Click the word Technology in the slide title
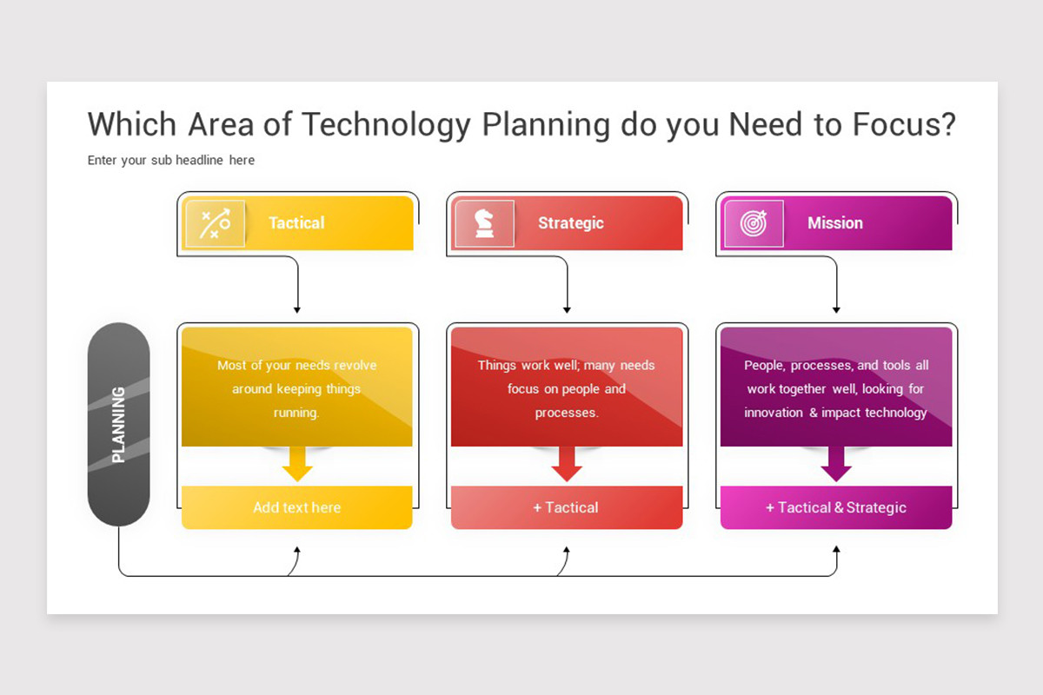coord(386,124)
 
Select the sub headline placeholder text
coord(171,160)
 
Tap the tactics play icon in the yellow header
coord(216,223)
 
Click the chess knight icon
coord(484,223)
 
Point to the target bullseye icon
coord(754,223)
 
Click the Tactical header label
coord(296,223)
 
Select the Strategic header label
coord(571,223)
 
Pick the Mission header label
coord(835,223)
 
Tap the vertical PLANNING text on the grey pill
coord(118,425)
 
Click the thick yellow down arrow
coord(297,464)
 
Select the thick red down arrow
coord(567,464)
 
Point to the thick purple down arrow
coord(836,464)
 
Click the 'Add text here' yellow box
coord(297,507)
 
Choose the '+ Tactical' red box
coord(567,507)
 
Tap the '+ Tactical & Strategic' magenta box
coord(836,507)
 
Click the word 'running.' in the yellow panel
coord(296,413)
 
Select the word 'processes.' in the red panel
coord(567,413)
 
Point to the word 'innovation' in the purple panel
coord(774,413)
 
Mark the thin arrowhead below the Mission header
coord(836,310)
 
